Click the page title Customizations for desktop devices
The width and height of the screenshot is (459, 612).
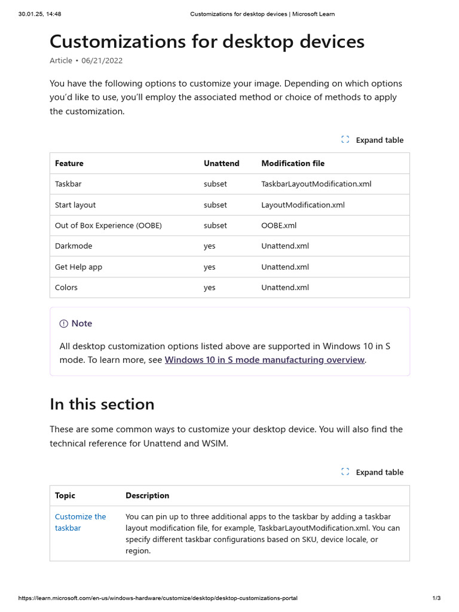click(x=207, y=41)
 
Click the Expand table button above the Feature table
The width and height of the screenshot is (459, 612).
click(x=372, y=140)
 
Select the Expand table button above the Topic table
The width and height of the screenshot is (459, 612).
click(x=372, y=472)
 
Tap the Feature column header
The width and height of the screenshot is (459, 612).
click(x=69, y=163)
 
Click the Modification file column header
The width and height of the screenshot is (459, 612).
click(x=293, y=163)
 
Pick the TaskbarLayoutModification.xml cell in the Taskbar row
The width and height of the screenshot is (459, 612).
click(x=316, y=184)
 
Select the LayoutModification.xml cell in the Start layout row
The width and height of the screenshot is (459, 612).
click(x=303, y=205)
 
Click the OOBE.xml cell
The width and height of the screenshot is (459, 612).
click(x=279, y=225)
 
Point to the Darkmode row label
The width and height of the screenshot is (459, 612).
click(x=74, y=246)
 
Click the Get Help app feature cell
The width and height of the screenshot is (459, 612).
click(x=78, y=267)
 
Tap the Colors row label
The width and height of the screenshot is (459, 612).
click(x=66, y=287)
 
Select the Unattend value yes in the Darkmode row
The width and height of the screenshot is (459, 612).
click(x=209, y=246)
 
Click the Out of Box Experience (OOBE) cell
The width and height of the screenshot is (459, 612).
click(x=108, y=225)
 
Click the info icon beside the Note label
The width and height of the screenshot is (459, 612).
click(x=64, y=323)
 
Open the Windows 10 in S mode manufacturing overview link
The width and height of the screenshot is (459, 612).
click(x=264, y=360)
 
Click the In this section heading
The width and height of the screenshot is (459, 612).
click(x=102, y=404)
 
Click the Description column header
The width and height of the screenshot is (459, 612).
click(x=147, y=495)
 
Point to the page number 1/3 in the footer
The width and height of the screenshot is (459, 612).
click(x=436, y=598)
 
